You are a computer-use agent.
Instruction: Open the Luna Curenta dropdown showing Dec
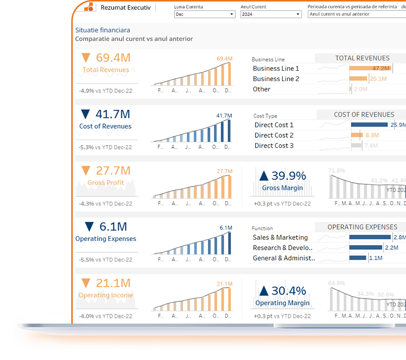[204, 14]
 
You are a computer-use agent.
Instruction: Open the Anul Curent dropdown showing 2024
[270, 14]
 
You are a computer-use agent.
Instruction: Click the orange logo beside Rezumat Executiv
[88, 7]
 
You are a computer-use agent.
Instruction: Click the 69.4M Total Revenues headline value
[113, 58]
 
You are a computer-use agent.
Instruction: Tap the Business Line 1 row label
[276, 68]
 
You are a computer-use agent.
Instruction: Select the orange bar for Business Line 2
[358, 79]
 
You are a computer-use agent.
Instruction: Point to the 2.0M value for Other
[360, 89]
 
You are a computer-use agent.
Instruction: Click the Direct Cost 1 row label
[274, 125]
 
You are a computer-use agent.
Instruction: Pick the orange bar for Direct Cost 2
[356, 135]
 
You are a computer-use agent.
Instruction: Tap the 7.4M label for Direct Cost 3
[371, 146]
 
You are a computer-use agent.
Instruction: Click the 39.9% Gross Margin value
[289, 176]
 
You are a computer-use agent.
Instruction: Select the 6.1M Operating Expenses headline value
[113, 226]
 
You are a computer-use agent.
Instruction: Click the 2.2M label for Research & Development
[391, 248]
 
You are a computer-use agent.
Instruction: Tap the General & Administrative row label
[284, 258]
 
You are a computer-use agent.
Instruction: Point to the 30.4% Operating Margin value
[289, 291]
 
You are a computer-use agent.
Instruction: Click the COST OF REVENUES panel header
[364, 115]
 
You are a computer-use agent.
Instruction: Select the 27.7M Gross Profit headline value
[113, 170]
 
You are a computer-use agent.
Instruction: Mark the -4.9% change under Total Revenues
[87, 90]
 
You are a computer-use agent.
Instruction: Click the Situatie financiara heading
[102, 30]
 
